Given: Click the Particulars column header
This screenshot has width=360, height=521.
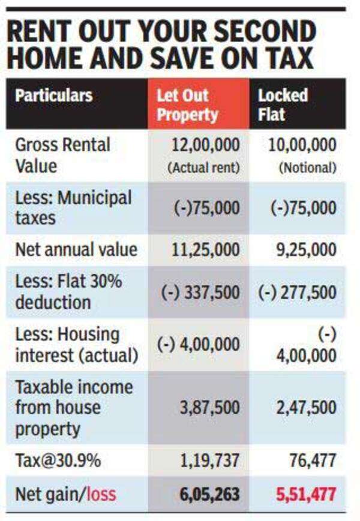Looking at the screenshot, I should click(x=54, y=96).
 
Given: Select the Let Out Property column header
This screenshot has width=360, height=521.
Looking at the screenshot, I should click(x=187, y=105).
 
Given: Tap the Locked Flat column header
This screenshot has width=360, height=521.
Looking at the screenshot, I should click(x=283, y=105).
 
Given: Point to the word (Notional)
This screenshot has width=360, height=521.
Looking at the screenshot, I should click(x=307, y=168).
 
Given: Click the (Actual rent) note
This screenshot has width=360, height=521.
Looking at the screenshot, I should click(x=203, y=168).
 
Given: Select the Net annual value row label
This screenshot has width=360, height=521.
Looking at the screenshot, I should click(x=76, y=249).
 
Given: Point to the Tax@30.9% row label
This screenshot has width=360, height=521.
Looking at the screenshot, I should click(x=57, y=460).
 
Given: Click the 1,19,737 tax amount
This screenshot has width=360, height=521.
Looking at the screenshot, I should click(x=208, y=461).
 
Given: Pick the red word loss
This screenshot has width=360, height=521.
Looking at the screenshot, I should click(x=101, y=495).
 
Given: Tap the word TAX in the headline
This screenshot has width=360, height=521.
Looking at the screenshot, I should click(x=287, y=58).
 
